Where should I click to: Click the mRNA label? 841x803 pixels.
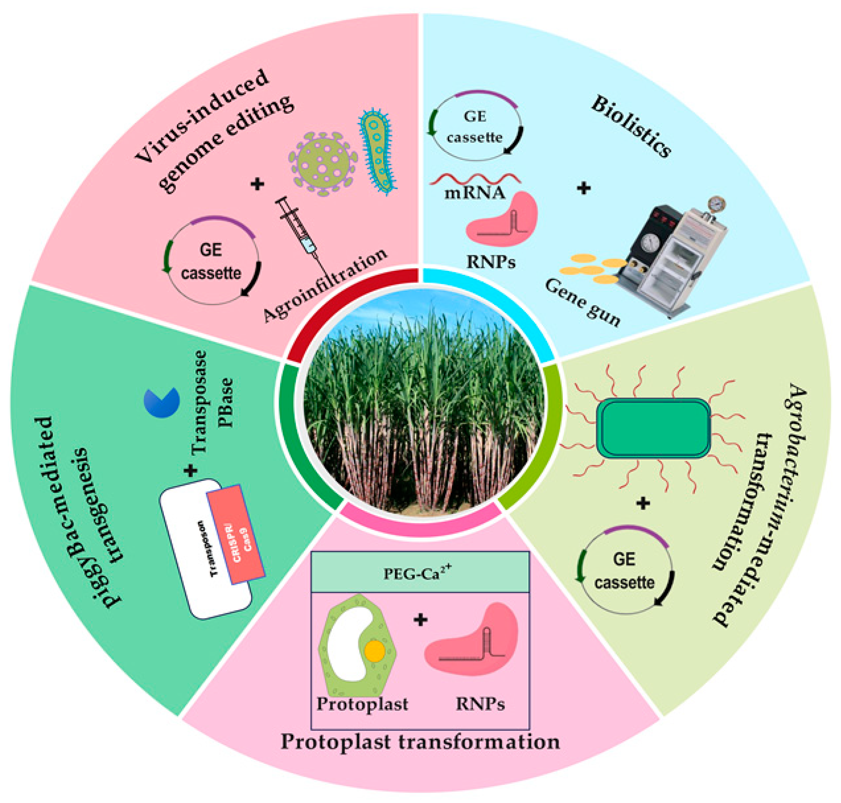click(474, 193)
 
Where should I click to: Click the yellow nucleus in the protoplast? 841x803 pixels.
click(374, 651)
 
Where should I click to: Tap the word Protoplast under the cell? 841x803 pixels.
click(362, 704)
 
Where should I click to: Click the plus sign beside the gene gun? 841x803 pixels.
click(584, 188)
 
